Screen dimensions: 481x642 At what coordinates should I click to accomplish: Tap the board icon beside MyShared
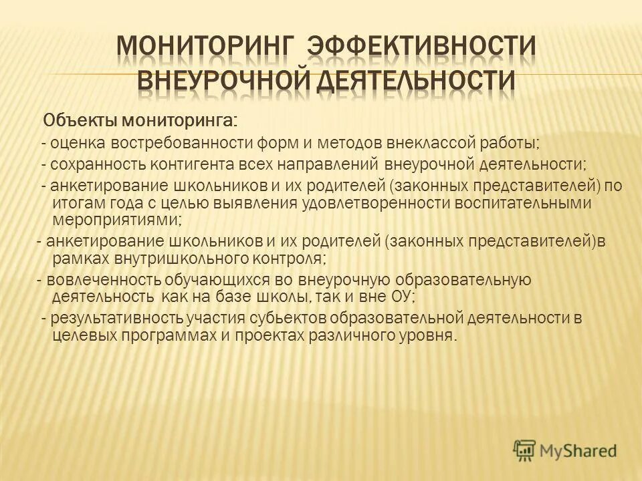(525, 450)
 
